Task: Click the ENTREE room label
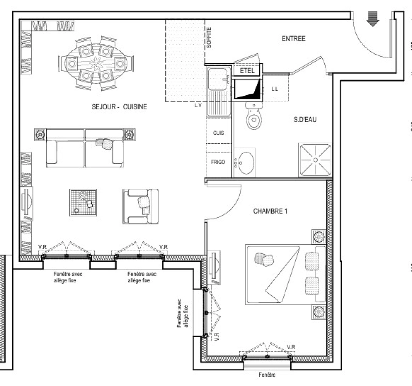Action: coord(293,39)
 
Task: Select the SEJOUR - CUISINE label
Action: coord(119,107)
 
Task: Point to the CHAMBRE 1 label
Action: coord(270,211)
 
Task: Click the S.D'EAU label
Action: coord(305,120)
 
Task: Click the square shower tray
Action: coord(315,160)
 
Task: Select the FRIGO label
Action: coord(218,162)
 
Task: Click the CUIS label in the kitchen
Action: coord(218,133)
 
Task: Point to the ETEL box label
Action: coord(247,71)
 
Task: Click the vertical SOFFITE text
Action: coord(209,38)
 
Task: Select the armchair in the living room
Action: coord(140,206)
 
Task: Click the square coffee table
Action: coord(83,202)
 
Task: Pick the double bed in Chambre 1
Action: coord(285,274)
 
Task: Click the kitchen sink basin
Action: coord(217,79)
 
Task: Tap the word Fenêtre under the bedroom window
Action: coord(267,375)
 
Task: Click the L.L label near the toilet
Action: coord(275,89)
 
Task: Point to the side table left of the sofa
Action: coord(40,135)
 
